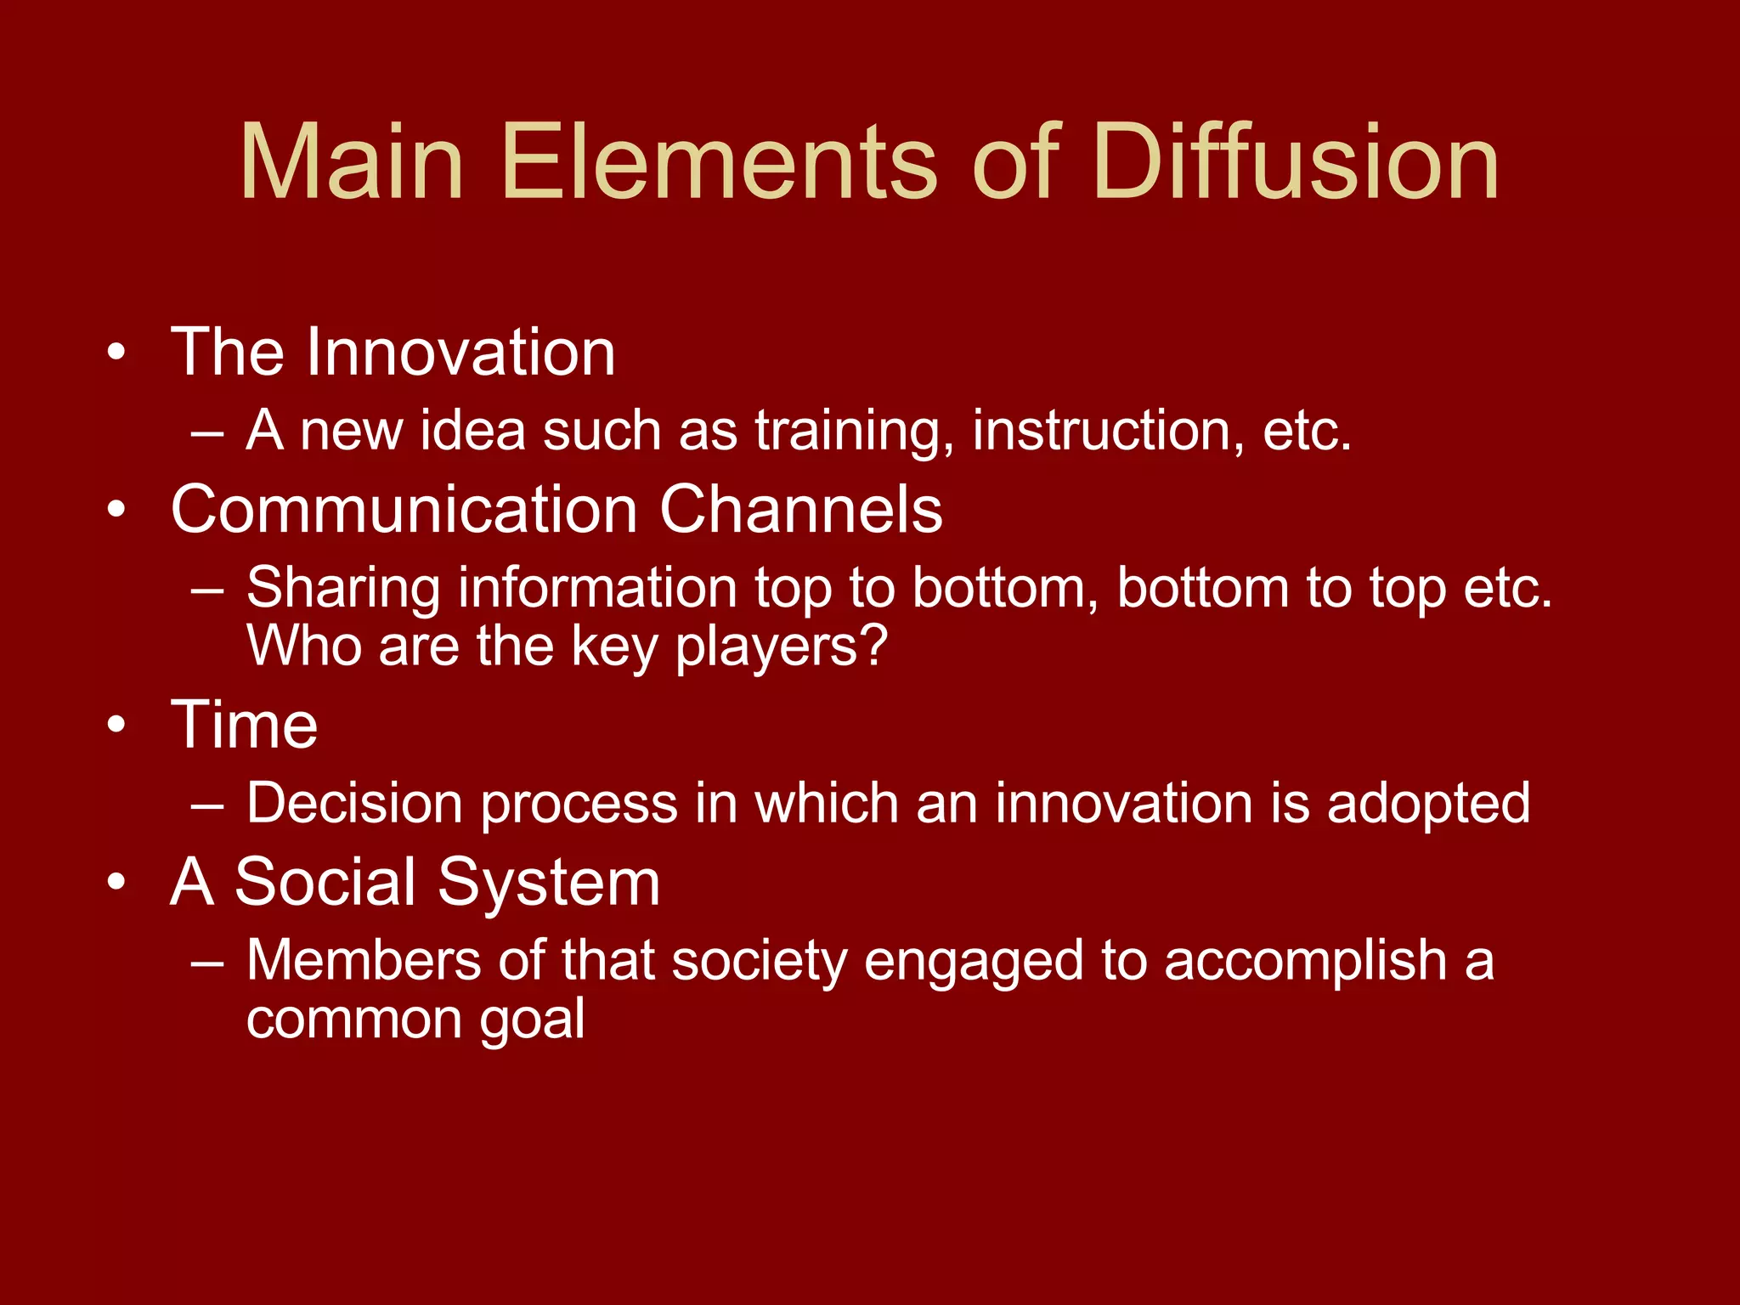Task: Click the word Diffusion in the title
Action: coord(1297,161)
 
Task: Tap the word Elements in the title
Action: coord(719,161)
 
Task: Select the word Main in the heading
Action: coord(352,161)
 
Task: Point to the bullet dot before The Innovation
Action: coord(117,353)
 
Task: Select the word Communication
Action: coord(404,510)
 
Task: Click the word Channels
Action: coord(800,510)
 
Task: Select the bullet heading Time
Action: coord(245,726)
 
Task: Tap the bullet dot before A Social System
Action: coord(117,883)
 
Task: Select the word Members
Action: coord(364,961)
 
